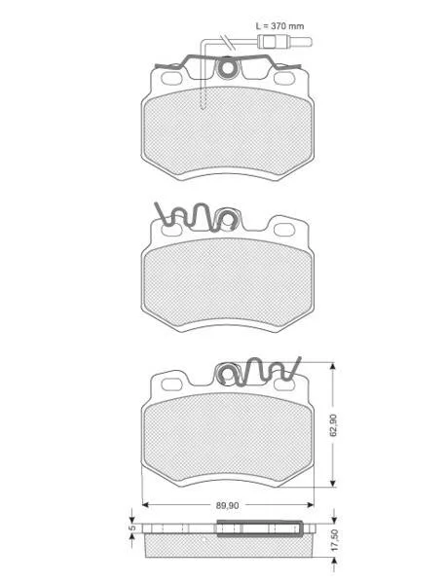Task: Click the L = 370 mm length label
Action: click(x=279, y=26)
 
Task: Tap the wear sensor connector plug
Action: click(x=285, y=42)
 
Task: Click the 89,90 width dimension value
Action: click(x=228, y=505)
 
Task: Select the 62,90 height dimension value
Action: click(x=333, y=424)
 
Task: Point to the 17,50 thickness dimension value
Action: click(x=334, y=540)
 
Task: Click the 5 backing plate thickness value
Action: click(x=131, y=528)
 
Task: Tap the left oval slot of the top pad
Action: click(x=171, y=78)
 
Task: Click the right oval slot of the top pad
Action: click(x=284, y=78)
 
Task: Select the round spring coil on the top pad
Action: click(x=227, y=68)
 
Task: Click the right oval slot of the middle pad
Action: click(x=284, y=230)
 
